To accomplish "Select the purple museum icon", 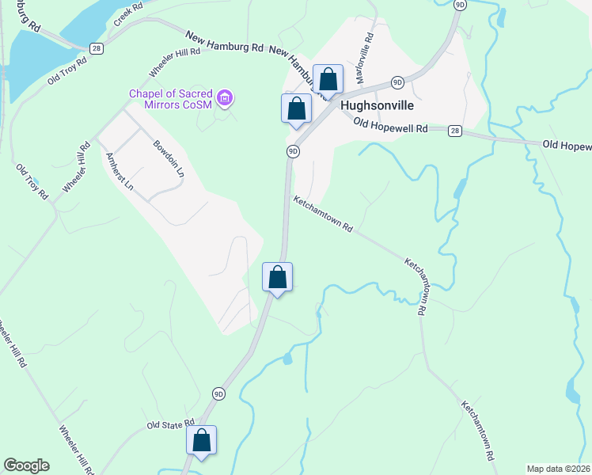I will [226, 98].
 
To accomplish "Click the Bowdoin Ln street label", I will [169, 158].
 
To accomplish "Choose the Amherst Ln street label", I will [120, 171].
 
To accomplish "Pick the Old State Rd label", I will [170, 425].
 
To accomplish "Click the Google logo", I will [26, 465].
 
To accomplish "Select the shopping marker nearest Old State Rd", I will [201, 439].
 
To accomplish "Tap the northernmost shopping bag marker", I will [328, 79].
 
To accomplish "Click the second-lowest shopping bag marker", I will [277, 277].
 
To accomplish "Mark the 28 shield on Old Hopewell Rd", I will [454, 130].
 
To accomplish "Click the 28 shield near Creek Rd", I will [97, 49].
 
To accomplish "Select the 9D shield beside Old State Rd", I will [219, 393].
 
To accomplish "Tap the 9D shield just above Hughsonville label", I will [397, 82].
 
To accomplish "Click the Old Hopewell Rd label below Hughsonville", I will [390, 126].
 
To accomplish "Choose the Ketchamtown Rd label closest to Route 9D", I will [323, 214].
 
